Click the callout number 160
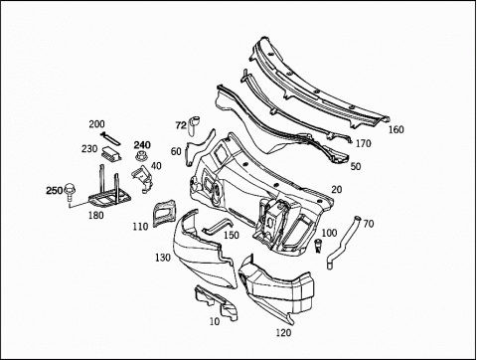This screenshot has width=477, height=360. coord(397,129)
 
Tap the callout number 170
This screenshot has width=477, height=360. coord(364,144)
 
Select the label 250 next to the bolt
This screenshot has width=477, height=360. coord(54,191)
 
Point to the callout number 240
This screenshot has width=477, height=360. coord(142,145)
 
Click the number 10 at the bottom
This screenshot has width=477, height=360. coord(215,321)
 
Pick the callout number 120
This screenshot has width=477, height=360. coord(283,332)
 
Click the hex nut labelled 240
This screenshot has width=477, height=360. coord(141,156)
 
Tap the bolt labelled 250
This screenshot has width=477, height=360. coord(69,192)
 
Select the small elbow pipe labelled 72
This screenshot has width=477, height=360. coord(193,126)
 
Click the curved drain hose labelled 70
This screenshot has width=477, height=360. coord(343,242)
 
